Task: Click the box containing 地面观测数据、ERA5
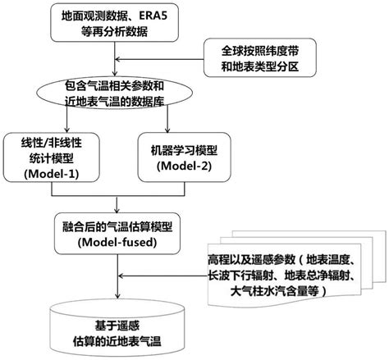[x=109, y=21]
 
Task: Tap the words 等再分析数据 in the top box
[x=109, y=30]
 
